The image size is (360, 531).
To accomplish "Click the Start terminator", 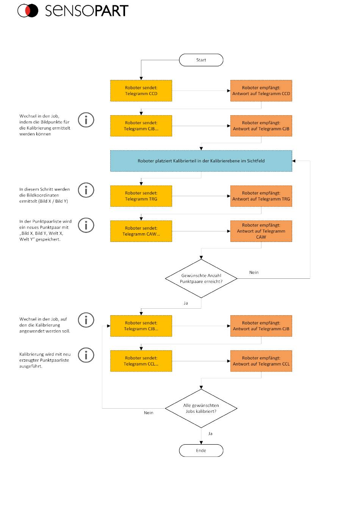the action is coord(201,60).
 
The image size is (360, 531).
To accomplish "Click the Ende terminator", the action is coord(201,450).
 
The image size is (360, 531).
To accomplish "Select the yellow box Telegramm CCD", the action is coord(141,91).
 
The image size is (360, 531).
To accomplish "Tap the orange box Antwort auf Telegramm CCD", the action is coord(261,91).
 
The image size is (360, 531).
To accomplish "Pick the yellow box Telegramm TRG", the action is coord(141,196).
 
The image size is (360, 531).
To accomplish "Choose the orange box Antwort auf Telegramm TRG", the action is coord(261,196).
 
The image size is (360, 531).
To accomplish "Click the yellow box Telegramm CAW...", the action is coord(141,231).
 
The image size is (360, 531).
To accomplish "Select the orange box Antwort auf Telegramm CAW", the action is coord(261,231).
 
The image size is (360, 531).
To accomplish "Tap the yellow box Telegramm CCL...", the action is coord(141,361).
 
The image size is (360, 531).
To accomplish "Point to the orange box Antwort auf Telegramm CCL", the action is coord(261,361).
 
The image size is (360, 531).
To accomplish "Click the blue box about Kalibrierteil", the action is coord(201,161).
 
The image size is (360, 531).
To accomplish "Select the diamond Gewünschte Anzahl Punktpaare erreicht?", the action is coord(201,278).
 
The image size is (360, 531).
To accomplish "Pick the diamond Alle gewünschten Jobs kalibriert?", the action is coord(201,408).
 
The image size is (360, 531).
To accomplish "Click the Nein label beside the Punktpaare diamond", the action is coord(254,272).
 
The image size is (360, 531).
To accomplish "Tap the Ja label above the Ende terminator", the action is coord(210,434).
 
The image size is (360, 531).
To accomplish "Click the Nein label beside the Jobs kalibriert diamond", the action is coord(149,413).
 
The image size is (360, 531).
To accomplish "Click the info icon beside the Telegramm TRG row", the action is coord(86,190).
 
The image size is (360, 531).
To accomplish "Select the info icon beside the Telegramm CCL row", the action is coord(86,355).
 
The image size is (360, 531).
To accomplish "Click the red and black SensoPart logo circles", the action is coord(28,11).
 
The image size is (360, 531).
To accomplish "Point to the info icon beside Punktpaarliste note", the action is coord(86,225).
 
